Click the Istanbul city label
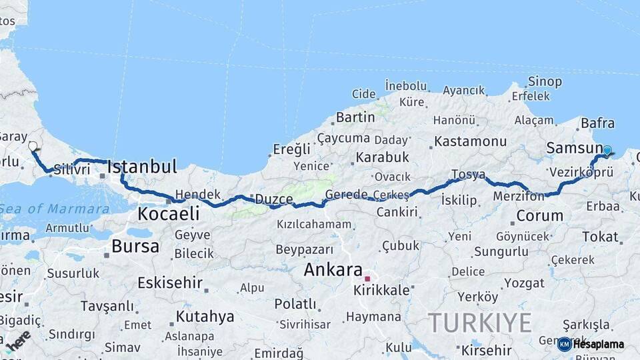[142, 167]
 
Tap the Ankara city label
[333, 270]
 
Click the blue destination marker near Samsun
[607, 151]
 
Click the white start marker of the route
[33, 146]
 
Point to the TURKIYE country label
[479, 323]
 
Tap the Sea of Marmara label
[55, 209]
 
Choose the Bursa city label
[135, 247]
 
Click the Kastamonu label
[471, 141]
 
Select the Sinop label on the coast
[545, 82]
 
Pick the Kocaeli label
[168, 213]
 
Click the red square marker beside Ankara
[367, 279]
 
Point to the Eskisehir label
[170, 283]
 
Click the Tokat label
[600, 237]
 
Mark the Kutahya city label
[205, 316]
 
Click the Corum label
[539, 215]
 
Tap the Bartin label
[355, 117]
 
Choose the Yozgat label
[525, 283]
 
